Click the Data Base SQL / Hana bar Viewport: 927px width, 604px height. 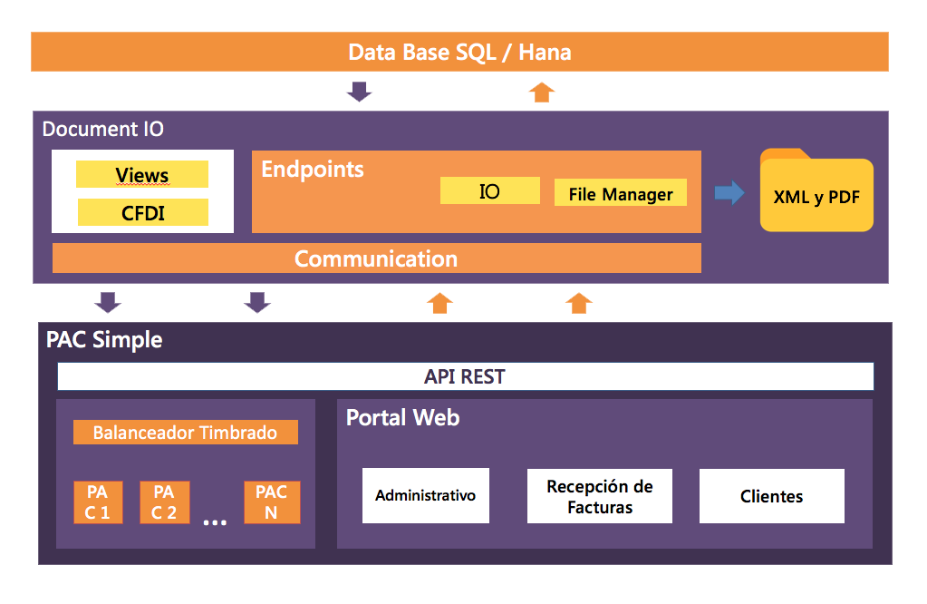tap(459, 52)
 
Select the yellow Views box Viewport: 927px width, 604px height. tap(142, 174)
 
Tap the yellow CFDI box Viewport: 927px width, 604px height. tap(143, 212)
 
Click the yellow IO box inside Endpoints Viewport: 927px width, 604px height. tap(489, 191)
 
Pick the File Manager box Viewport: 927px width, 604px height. tap(620, 193)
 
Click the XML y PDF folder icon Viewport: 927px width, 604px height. tap(816, 190)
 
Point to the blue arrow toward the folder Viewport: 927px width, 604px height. tap(729, 193)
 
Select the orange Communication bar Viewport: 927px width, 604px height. tap(377, 258)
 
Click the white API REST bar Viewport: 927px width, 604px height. tap(465, 377)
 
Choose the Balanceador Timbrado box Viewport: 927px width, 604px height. tap(185, 433)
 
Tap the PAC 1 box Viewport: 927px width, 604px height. tap(98, 502)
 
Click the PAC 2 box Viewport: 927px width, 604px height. tap(164, 502)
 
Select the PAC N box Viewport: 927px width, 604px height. tap(272, 502)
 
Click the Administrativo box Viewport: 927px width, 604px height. tap(426, 496)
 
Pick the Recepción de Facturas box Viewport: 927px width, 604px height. tap(600, 496)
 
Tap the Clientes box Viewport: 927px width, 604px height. tap(771, 496)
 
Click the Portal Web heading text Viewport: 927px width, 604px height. tap(402, 418)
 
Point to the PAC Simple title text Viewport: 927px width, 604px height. tap(104, 340)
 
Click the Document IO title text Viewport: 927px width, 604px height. tap(103, 129)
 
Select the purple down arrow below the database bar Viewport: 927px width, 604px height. tap(360, 92)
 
